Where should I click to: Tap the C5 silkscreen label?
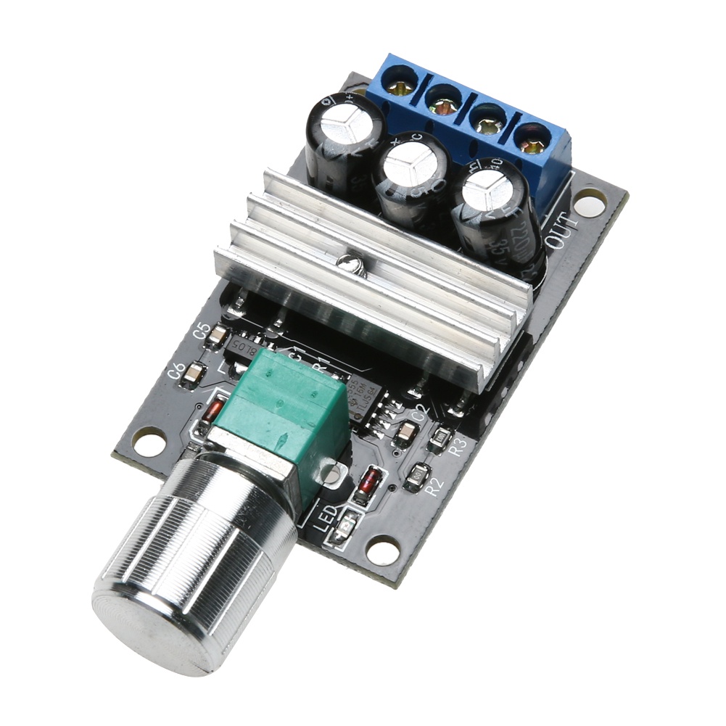pos(202,331)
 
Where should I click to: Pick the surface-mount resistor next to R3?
pos(440,437)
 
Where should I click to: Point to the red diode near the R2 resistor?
pos(370,482)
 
